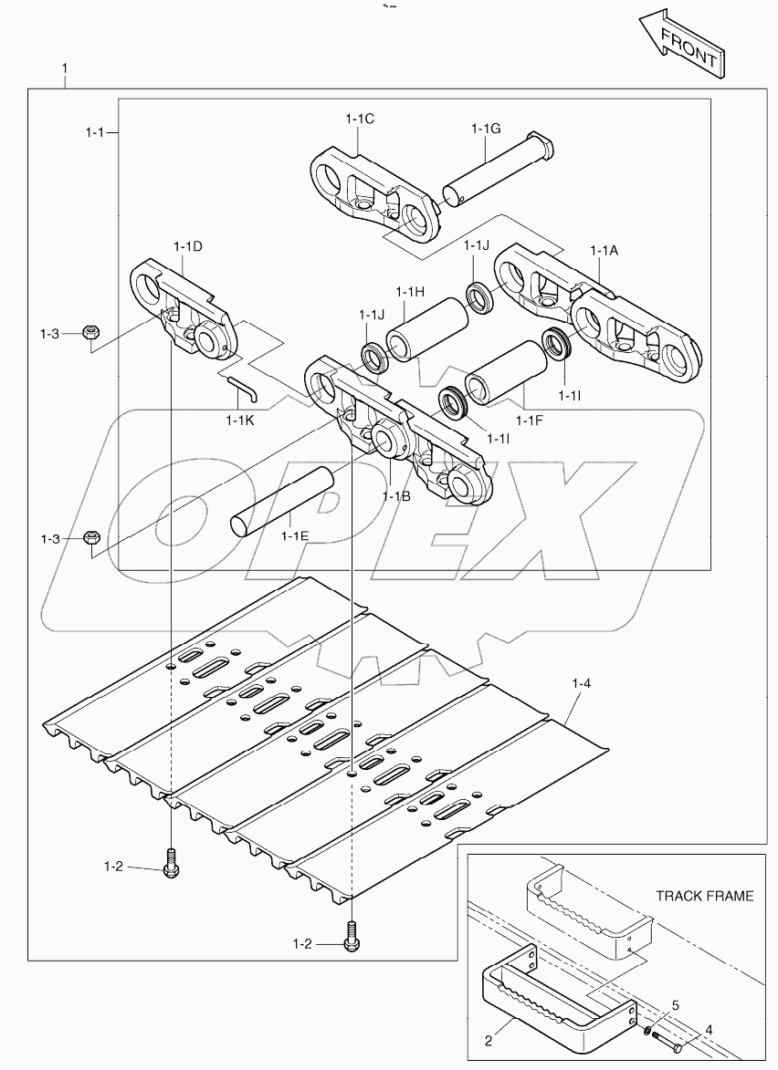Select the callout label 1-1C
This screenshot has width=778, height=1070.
pos(361,119)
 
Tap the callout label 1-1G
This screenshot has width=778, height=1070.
pos(486,129)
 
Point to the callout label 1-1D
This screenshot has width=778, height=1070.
pos(187,247)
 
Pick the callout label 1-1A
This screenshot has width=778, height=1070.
pos(605,250)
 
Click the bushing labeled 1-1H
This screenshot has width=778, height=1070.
pos(427,329)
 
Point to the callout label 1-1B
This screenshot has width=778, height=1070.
pos(396,496)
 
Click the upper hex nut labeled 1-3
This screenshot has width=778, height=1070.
pos(90,334)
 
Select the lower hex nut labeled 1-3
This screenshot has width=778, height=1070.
pos(91,538)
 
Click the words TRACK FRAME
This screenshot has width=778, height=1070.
pos(705,896)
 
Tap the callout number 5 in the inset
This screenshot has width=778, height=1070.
pos(675,1005)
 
